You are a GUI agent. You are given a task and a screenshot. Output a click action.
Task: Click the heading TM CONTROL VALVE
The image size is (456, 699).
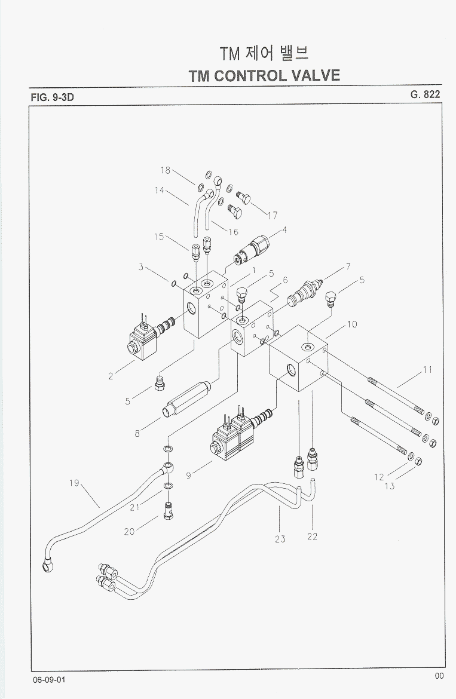tap(264, 75)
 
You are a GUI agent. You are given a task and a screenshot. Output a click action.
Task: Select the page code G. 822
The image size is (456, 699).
tap(425, 94)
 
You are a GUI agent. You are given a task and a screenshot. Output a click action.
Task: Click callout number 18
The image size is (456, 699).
tap(166, 170)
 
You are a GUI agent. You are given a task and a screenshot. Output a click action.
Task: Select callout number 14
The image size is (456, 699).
tap(159, 191)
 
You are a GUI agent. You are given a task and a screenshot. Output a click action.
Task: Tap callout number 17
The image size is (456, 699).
tap(272, 216)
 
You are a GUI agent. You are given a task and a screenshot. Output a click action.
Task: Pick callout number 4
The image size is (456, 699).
tap(284, 229)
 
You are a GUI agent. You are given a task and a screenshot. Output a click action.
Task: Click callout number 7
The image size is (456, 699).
tap(347, 266)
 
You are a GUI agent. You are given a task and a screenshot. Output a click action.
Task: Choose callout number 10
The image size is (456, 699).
tap(352, 324)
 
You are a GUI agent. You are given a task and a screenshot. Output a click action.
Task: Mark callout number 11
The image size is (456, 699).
tap(427, 370)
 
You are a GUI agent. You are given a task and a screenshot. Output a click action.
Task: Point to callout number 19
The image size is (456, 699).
tap(74, 483)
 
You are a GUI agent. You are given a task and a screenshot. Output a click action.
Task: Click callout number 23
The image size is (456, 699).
tap(280, 539)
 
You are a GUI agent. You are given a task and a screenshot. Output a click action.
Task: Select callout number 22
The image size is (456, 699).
tap(312, 536)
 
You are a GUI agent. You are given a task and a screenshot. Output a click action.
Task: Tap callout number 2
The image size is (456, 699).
tap(111, 376)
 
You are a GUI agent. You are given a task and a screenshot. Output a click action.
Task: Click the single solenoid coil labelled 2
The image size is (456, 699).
tap(142, 344)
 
